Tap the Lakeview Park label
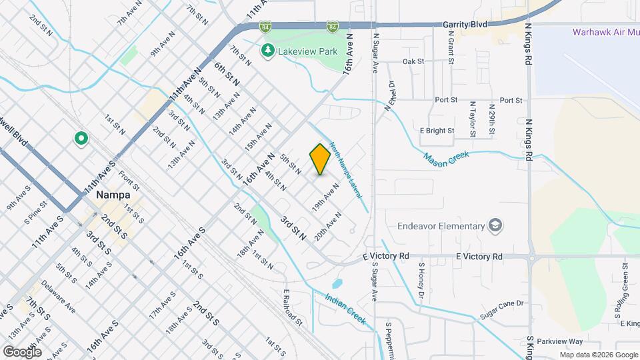(309, 51)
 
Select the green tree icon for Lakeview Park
(268, 50)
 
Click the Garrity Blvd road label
(465, 24)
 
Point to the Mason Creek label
(447, 158)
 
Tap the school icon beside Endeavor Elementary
(495, 225)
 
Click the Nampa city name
(112, 195)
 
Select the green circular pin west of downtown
(81, 139)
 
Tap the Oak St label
(413, 61)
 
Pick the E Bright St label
(437, 131)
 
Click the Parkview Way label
(555, 341)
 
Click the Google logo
(21, 351)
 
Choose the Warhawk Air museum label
(605, 32)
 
